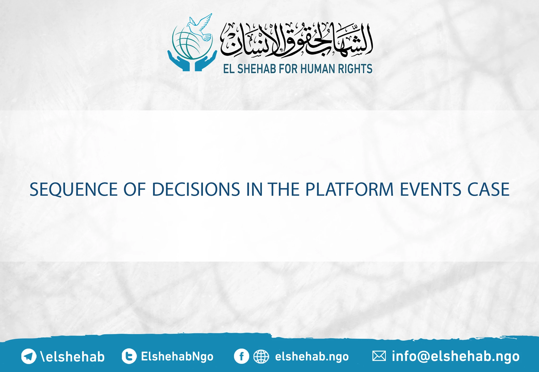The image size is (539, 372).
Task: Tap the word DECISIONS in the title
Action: click(196, 190)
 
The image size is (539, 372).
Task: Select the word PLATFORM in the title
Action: click(350, 190)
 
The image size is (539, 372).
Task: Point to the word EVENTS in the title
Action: click(431, 190)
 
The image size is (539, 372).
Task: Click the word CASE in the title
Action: click(488, 190)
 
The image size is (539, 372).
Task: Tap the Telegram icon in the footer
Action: click(28, 356)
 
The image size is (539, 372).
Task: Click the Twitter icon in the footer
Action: click(129, 356)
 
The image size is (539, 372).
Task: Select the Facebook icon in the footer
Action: click(241, 356)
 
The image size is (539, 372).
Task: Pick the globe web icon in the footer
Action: click(261, 357)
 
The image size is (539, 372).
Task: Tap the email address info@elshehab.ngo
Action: click(456, 356)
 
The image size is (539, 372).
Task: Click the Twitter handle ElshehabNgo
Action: click(177, 356)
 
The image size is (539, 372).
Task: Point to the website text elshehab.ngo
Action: click(312, 357)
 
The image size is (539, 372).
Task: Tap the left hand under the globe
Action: click(179, 62)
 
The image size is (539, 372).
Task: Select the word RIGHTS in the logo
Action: click(355, 69)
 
